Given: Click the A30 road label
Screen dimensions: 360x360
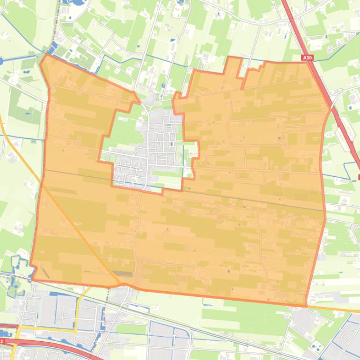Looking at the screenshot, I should pos(307,58).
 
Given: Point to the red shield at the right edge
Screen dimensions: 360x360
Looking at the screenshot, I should pos(359,177).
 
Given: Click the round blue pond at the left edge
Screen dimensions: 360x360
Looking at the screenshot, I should pos(1,60).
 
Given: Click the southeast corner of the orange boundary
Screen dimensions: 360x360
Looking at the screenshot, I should pos(306,306).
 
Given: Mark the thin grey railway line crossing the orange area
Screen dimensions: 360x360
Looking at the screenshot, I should pos(234,196).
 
